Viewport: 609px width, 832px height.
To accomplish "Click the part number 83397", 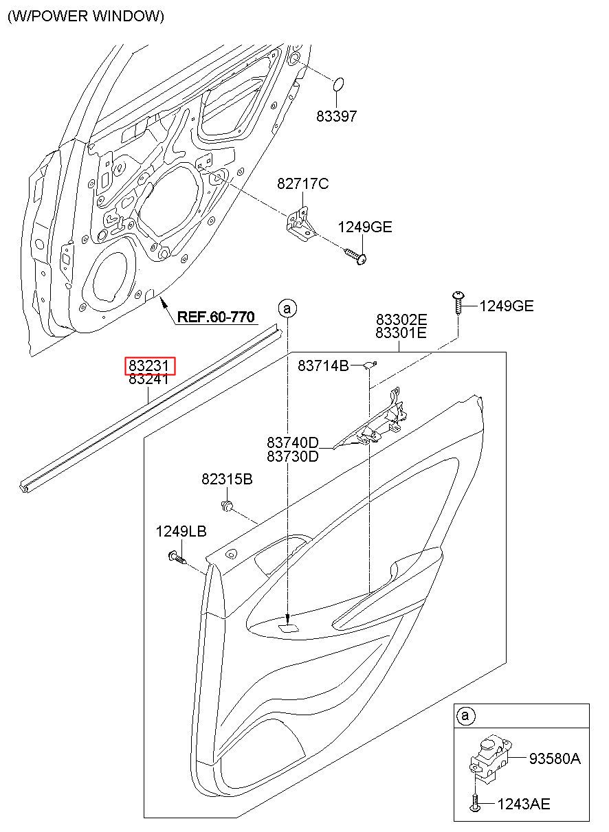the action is [x=336, y=116].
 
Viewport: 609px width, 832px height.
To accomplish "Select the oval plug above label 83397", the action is [x=337, y=84].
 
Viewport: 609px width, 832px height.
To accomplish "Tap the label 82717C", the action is [x=303, y=183].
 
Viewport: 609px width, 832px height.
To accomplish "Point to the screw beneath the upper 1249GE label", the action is [x=356, y=256].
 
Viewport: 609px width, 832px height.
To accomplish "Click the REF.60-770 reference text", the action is [x=216, y=317].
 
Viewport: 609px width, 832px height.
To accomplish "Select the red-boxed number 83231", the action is [x=148, y=366].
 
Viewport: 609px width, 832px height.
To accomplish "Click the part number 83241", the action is [x=148, y=379].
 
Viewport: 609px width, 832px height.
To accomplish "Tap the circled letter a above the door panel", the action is [x=287, y=308].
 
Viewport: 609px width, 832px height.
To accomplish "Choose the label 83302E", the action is [x=401, y=319].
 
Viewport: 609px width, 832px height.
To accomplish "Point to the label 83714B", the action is [x=323, y=366].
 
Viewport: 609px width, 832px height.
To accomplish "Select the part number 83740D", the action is [x=293, y=442].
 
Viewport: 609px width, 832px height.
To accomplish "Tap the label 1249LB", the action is [x=181, y=532].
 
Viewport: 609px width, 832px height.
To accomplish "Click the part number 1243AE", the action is [x=524, y=804].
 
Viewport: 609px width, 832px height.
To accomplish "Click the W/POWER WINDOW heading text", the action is [x=86, y=16].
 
